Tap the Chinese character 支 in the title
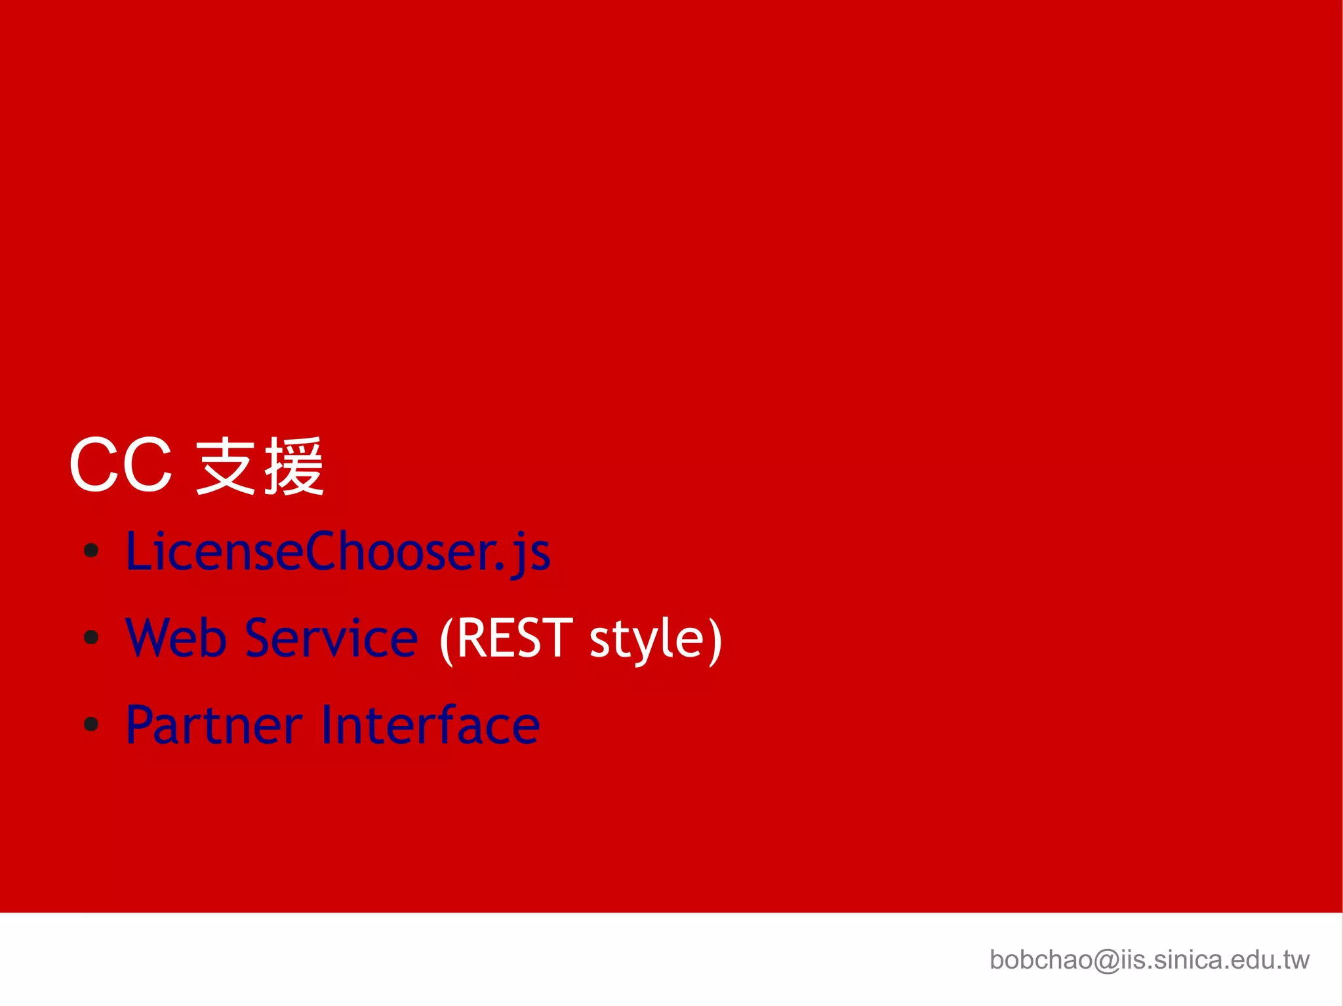point(226,466)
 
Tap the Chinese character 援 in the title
point(294,466)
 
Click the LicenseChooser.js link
point(338,552)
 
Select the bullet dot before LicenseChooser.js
point(91,551)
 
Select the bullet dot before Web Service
point(91,636)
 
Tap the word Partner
point(214,725)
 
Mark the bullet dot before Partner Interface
point(91,724)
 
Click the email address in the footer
point(1149,960)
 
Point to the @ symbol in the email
point(1107,961)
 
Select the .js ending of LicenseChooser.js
point(528,554)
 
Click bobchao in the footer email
point(1041,960)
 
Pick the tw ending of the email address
point(1296,960)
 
